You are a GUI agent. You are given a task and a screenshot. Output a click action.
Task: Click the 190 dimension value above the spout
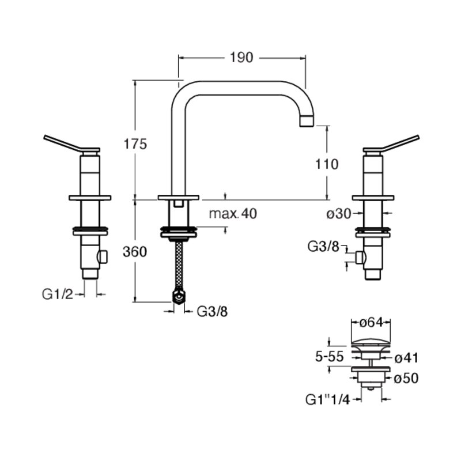click(x=241, y=58)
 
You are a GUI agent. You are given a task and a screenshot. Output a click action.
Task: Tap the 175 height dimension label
click(x=135, y=145)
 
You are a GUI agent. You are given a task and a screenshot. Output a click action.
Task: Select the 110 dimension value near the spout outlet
click(x=327, y=164)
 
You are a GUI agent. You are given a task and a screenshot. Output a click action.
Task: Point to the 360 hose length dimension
click(x=135, y=252)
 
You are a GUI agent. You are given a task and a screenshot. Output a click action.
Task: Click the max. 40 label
click(x=233, y=214)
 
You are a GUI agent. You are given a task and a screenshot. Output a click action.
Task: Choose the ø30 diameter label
click(x=339, y=214)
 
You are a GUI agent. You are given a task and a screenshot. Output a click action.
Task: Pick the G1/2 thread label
click(x=58, y=294)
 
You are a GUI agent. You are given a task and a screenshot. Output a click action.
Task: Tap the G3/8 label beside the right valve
click(x=323, y=247)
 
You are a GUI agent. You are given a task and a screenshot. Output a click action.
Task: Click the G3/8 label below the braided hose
click(x=212, y=312)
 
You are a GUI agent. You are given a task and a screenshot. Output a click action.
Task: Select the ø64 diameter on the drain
click(x=371, y=323)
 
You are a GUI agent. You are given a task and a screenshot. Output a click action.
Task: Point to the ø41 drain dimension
click(x=406, y=358)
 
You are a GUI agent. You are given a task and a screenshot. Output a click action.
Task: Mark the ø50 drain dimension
click(x=406, y=379)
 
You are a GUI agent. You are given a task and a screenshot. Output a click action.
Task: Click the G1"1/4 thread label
click(x=328, y=399)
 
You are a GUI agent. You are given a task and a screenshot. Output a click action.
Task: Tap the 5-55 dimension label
click(x=329, y=357)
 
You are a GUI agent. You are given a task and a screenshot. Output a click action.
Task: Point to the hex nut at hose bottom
click(x=179, y=297)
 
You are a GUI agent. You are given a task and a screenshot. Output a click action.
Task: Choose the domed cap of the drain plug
click(x=371, y=342)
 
